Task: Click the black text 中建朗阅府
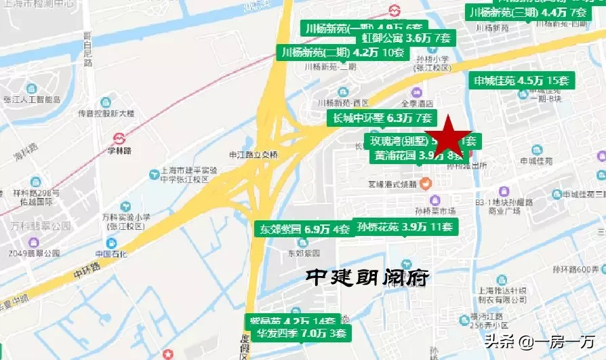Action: (368, 277)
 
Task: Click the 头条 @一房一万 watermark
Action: (537, 341)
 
